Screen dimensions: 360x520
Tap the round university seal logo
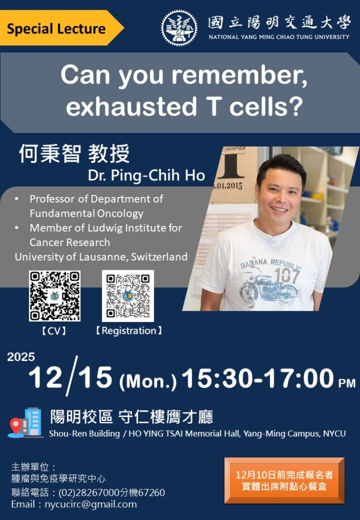(x=179, y=28)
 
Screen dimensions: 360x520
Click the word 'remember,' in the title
(x=239, y=75)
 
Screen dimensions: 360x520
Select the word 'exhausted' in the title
(x=132, y=106)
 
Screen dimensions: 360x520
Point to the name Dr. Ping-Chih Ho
(x=146, y=175)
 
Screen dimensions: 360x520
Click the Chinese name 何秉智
(x=50, y=154)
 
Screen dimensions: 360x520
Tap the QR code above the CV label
(x=55, y=296)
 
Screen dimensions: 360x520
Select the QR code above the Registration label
(x=128, y=296)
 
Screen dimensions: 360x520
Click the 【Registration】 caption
(x=129, y=331)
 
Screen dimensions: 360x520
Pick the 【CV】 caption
(x=54, y=331)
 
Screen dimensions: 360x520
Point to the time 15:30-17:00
(x=257, y=378)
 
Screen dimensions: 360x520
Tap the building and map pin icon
(x=25, y=422)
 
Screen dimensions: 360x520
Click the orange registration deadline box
(x=284, y=480)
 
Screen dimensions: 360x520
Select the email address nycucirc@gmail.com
(x=90, y=504)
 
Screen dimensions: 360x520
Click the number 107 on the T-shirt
(x=287, y=275)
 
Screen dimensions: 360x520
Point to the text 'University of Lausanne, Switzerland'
(x=101, y=256)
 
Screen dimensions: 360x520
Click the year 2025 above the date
(x=21, y=357)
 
